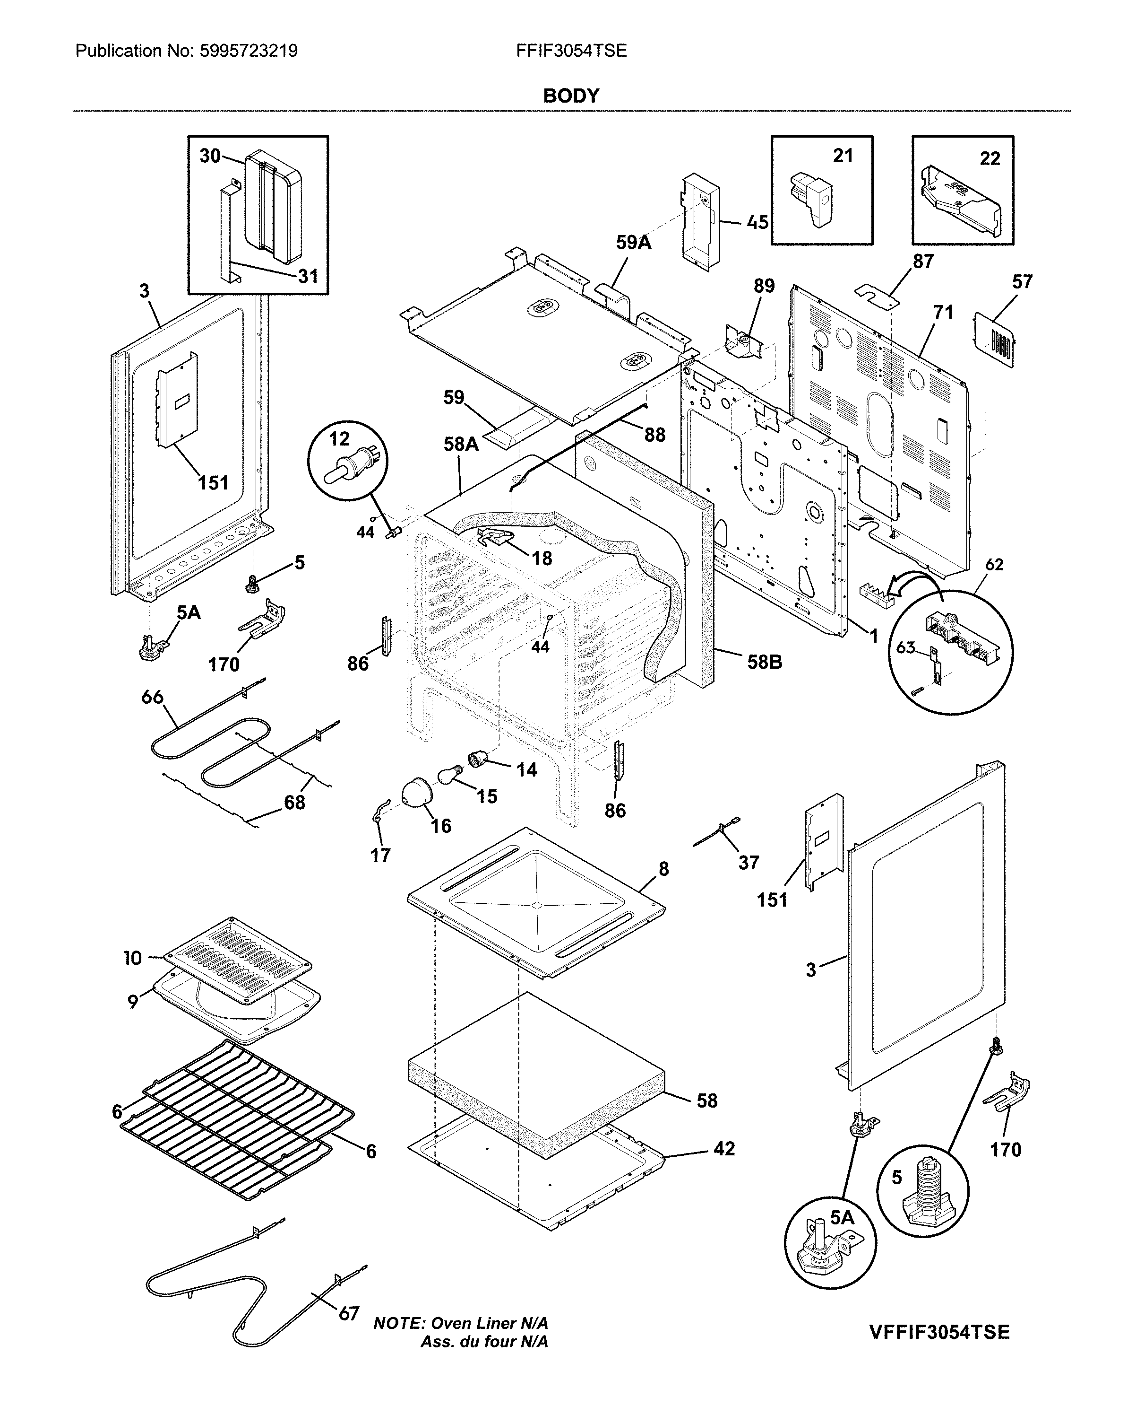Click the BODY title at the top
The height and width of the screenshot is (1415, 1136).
click(x=571, y=96)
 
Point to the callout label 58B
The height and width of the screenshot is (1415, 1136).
click(x=765, y=662)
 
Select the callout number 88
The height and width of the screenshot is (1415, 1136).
click(x=654, y=435)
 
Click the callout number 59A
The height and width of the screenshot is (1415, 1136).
click(x=633, y=243)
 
